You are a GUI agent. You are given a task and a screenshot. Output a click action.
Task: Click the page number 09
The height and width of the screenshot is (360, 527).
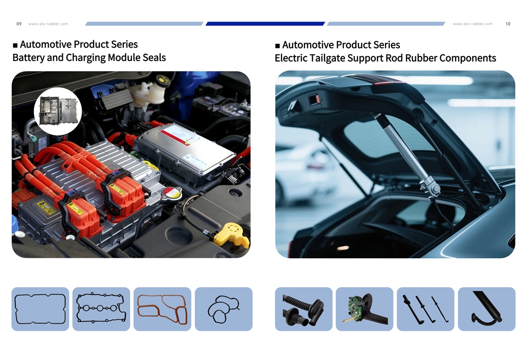(19, 24)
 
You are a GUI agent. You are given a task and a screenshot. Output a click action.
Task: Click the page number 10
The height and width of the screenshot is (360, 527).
(508, 24)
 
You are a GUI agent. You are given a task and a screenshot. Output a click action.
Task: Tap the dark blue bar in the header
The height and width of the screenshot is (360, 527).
(265, 24)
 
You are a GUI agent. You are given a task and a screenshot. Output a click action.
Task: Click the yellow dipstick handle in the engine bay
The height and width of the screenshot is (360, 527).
(231, 234)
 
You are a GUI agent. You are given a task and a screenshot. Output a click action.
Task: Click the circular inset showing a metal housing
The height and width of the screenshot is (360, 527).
(58, 111)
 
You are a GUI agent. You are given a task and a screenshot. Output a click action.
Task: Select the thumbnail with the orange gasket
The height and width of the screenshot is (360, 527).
(162, 309)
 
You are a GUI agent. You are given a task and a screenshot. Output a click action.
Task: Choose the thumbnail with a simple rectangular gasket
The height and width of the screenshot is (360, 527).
(40, 309)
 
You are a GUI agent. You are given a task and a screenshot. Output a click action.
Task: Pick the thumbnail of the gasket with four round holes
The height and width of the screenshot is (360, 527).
(101, 309)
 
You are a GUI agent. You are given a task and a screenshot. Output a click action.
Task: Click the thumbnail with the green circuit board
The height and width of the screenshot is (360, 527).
(364, 309)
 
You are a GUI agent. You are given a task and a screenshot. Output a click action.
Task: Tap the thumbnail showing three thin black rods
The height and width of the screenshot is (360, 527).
(426, 309)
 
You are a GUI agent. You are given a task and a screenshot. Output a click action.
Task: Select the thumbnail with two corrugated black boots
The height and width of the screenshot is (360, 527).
(303, 309)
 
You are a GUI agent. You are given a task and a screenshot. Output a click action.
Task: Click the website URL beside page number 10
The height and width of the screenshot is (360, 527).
(473, 24)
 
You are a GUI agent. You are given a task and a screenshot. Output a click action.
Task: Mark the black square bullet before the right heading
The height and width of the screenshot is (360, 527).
(277, 46)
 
